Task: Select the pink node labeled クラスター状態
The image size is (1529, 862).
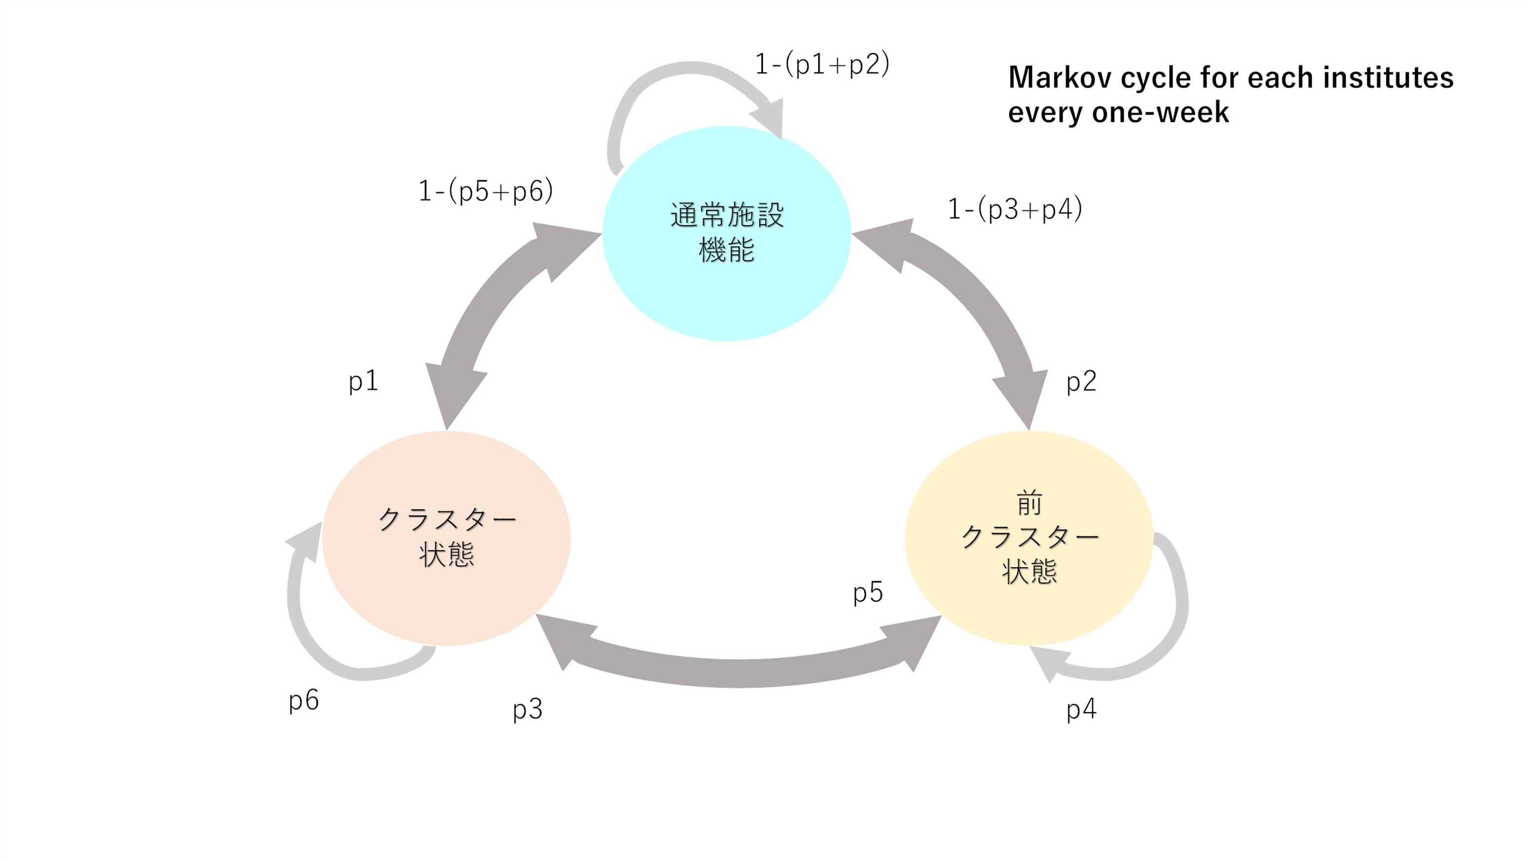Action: [446, 538]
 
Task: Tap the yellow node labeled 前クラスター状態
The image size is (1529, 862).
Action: [1029, 538]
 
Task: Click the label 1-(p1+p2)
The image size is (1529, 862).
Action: [822, 64]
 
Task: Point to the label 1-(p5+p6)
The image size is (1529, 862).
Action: [486, 191]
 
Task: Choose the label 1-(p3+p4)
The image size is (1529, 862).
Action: [1015, 209]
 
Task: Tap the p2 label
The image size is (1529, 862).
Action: [1081, 381]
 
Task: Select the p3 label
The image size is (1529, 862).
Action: [527, 709]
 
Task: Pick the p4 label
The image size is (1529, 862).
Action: [1081, 709]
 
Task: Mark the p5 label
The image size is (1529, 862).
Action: [868, 593]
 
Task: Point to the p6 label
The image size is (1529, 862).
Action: [303, 700]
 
